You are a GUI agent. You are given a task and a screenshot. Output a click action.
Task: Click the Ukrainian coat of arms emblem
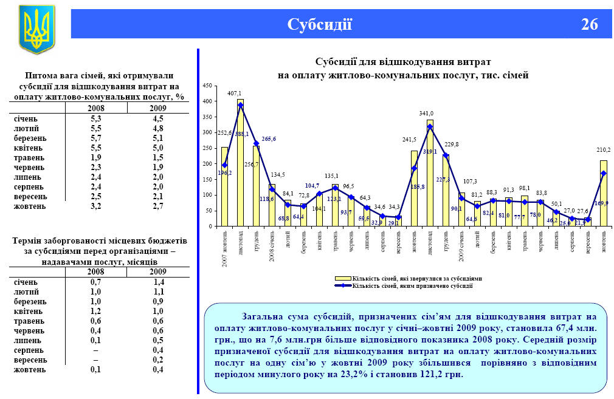[36, 29]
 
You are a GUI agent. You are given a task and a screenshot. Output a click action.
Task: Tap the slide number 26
[589, 24]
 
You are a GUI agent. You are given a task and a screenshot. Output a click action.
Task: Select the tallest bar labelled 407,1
[240, 163]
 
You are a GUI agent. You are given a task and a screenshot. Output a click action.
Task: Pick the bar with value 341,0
[430, 173]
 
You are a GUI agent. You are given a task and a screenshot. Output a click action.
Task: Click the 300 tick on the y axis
[208, 132]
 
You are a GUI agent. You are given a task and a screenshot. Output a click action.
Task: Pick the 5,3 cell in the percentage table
[95, 118]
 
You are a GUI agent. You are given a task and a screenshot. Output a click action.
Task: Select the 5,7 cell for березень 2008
[95, 138]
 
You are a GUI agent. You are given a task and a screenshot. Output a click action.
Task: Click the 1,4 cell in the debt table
[158, 282]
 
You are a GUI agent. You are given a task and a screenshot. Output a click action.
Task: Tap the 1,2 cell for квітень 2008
[95, 312]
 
